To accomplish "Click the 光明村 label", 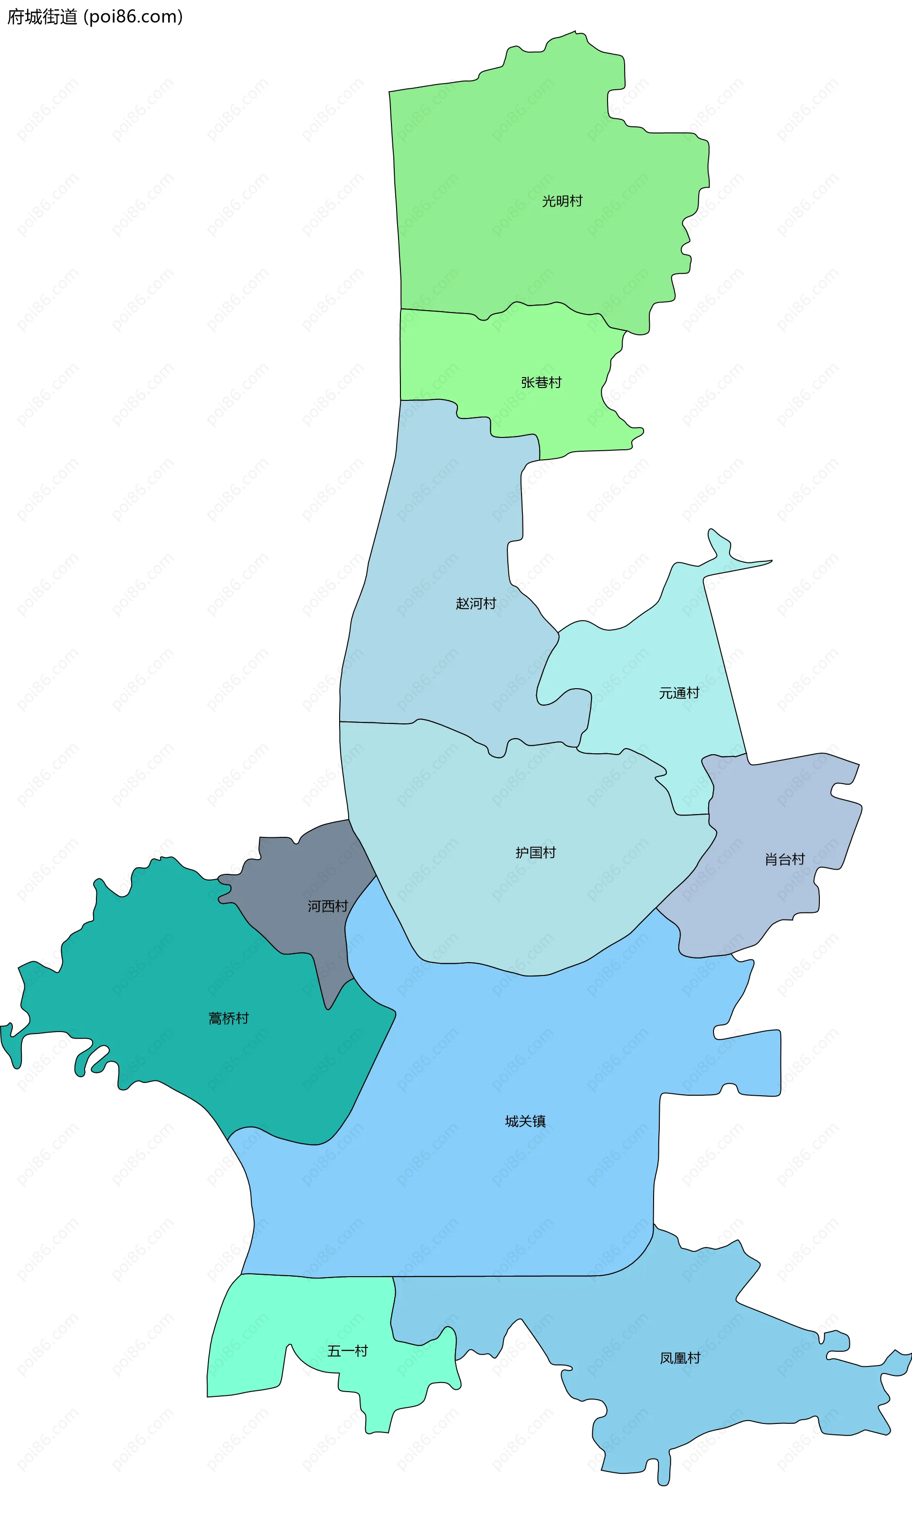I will coord(562,201).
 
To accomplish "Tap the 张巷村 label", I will coord(541,382).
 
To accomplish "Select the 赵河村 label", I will coord(475,603).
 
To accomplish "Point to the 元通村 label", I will coord(679,693).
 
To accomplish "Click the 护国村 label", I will coord(535,852).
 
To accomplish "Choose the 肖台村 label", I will coord(784,859).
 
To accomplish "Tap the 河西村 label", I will coord(328,906).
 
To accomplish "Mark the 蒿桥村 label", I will coord(228,1018).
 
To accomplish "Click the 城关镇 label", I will coord(525,1121).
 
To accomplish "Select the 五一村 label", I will coord(347,1350).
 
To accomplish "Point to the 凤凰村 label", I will coord(680,1358).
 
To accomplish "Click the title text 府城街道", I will coord(42,17).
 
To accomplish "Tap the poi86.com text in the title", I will coord(133,17).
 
